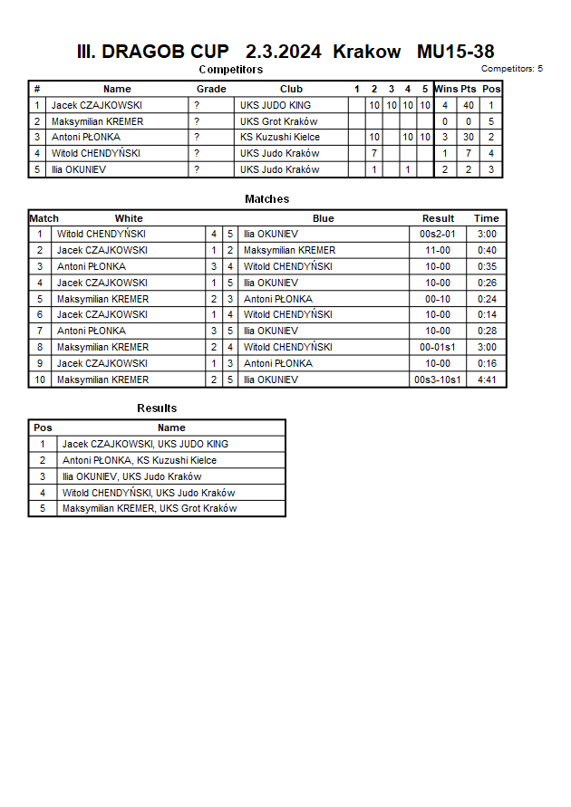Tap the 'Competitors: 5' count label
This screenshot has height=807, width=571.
[x=511, y=69]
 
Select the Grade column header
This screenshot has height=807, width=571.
[x=211, y=89]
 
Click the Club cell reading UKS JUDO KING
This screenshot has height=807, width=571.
[x=276, y=105]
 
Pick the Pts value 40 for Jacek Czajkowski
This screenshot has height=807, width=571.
[x=469, y=105]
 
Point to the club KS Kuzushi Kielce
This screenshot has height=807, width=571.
[x=280, y=138]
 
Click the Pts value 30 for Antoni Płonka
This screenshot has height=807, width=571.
[x=469, y=138]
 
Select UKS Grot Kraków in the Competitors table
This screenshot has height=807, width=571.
[x=279, y=121]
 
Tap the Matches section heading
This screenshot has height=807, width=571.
[x=266, y=199]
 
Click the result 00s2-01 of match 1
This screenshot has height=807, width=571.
[x=438, y=235]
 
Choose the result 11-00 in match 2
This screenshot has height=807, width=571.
[x=438, y=251]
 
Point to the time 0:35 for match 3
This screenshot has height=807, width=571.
[x=487, y=267]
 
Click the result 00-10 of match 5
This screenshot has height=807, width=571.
[x=438, y=299]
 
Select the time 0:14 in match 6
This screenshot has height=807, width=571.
[x=487, y=315]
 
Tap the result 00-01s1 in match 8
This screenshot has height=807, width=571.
[x=438, y=348]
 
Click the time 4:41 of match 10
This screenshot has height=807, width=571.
[x=487, y=380]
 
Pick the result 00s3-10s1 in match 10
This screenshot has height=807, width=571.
[x=438, y=380]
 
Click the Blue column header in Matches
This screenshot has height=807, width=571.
[x=324, y=218]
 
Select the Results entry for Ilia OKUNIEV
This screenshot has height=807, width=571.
[x=132, y=477]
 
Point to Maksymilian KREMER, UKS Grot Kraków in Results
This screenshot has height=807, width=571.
[x=150, y=509]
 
